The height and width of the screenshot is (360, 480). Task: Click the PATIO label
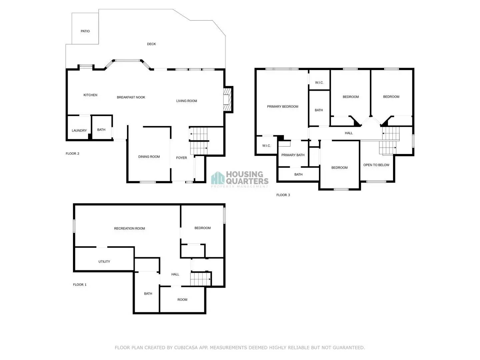tap(85, 31)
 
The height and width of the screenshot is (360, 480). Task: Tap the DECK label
tap(151, 44)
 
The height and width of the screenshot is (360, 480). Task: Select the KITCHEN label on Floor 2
tap(90, 95)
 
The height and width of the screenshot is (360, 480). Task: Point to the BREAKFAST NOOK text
tap(131, 97)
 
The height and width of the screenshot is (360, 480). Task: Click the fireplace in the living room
tap(227, 99)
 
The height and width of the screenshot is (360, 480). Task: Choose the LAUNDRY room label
tap(79, 131)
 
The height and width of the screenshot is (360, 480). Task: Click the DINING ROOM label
tap(149, 157)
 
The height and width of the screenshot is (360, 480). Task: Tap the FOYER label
tap(181, 158)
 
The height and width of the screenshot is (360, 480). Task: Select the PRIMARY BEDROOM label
tap(283, 107)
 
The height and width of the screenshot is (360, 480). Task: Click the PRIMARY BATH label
tap(293, 155)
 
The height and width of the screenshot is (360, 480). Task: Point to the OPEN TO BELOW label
tap(376, 165)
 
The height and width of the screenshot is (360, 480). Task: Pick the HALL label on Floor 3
tap(349, 133)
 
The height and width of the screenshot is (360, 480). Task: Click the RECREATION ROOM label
tap(129, 229)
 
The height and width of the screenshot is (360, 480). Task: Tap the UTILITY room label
tap(104, 262)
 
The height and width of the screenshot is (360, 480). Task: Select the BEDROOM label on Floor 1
tap(202, 228)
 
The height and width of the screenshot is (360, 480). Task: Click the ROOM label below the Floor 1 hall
tap(182, 300)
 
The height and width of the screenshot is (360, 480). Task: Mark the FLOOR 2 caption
tap(72, 154)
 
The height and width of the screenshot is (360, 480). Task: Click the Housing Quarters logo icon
tap(218, 178)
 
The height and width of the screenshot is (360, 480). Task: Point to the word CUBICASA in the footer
tap(186, 348)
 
